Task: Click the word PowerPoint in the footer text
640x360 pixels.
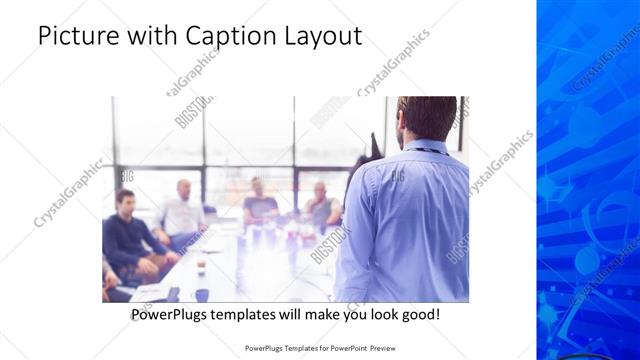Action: click(345, 348)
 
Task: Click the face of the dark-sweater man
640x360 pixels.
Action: click(125, 200)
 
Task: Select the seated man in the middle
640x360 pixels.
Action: click(259, 200)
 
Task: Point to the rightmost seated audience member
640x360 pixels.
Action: click(322, 204)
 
